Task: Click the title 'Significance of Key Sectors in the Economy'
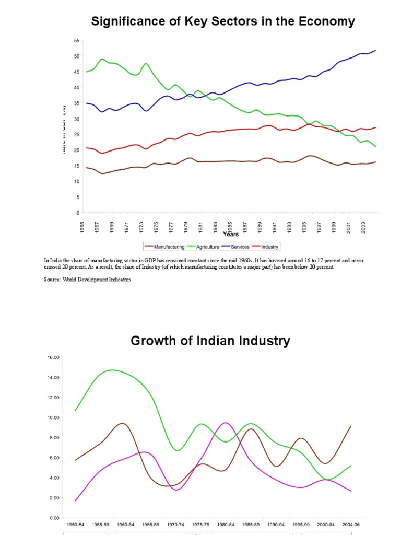[x=223, y=21]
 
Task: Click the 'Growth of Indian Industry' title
[x=210, y=341]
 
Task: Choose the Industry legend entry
[x=269, y=247]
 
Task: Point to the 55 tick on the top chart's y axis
[x=76, y=41]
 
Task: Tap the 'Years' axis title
[x=231, y=235]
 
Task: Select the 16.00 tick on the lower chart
[x=54, y=357]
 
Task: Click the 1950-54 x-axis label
[x=76, y=524]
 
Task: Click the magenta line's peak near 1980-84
[x=225, y=423]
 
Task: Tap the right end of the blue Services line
[x=375, y=51]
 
